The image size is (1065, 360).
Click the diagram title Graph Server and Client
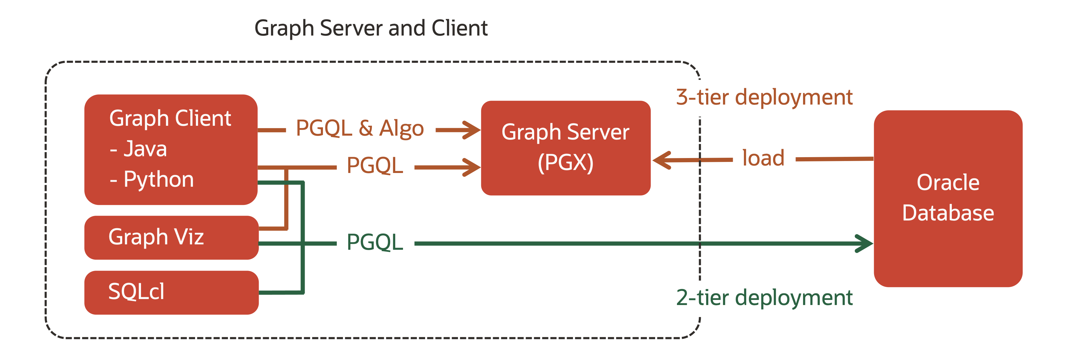click(371, 28)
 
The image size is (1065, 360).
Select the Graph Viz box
click(171, 237)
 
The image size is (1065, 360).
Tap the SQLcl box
click(171, 292)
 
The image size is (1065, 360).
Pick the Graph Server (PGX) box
click(565, 148)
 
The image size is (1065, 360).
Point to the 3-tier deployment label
click(764, 97)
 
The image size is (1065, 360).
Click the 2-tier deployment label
click(764, 298)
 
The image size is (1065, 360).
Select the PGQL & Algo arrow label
click(360, 128)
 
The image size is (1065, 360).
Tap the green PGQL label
click(375, 243)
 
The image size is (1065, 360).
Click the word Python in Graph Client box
click(159, 180)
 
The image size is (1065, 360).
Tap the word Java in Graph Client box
click(145, 149)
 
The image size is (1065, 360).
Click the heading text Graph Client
click(170, 119)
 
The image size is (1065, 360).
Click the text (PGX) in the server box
click(565, 163)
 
